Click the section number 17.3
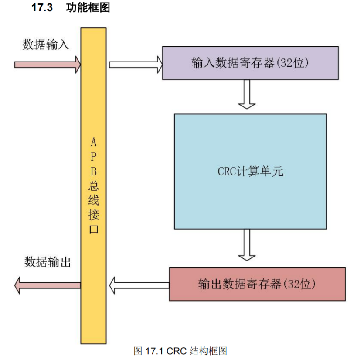(x=42, y=9)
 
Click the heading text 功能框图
(x=88, y=9)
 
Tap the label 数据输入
(x=46, y=45)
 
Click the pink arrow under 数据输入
(x=48, y=64)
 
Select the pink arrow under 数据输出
(x=48, y=285)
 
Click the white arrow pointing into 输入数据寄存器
(x=135, y=64)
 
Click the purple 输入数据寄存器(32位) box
(x=250, y=63)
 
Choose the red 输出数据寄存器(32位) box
(x=257, y=284)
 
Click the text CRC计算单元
(x=250, y=171)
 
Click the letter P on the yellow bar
(x=94, y=157)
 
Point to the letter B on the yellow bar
(x=94, y=171)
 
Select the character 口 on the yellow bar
(x=94, y=230)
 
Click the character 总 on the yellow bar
(x=94, y=186)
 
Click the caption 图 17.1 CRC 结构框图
(x=181, y=351)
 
